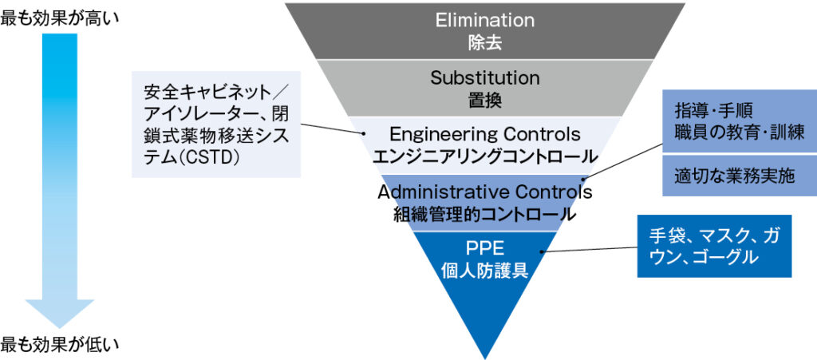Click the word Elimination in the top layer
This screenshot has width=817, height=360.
[x=484, y=20]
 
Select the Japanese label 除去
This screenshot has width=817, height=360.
[x=484, y=41]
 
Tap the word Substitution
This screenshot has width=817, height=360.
[x=484, y=78]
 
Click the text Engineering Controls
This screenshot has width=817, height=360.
[x=484, y=133]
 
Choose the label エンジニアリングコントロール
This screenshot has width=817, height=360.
[x=484, y=155]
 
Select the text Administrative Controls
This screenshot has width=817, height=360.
[x=484, y=192]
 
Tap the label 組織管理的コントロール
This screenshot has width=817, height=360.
[x=484, y=214]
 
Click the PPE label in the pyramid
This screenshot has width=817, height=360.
[x=484, y=248]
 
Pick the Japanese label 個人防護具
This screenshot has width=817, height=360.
[x=484, y=270]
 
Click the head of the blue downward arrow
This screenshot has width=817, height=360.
[x=59, y=312]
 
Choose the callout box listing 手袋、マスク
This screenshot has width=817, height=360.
[x=714, y=246]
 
